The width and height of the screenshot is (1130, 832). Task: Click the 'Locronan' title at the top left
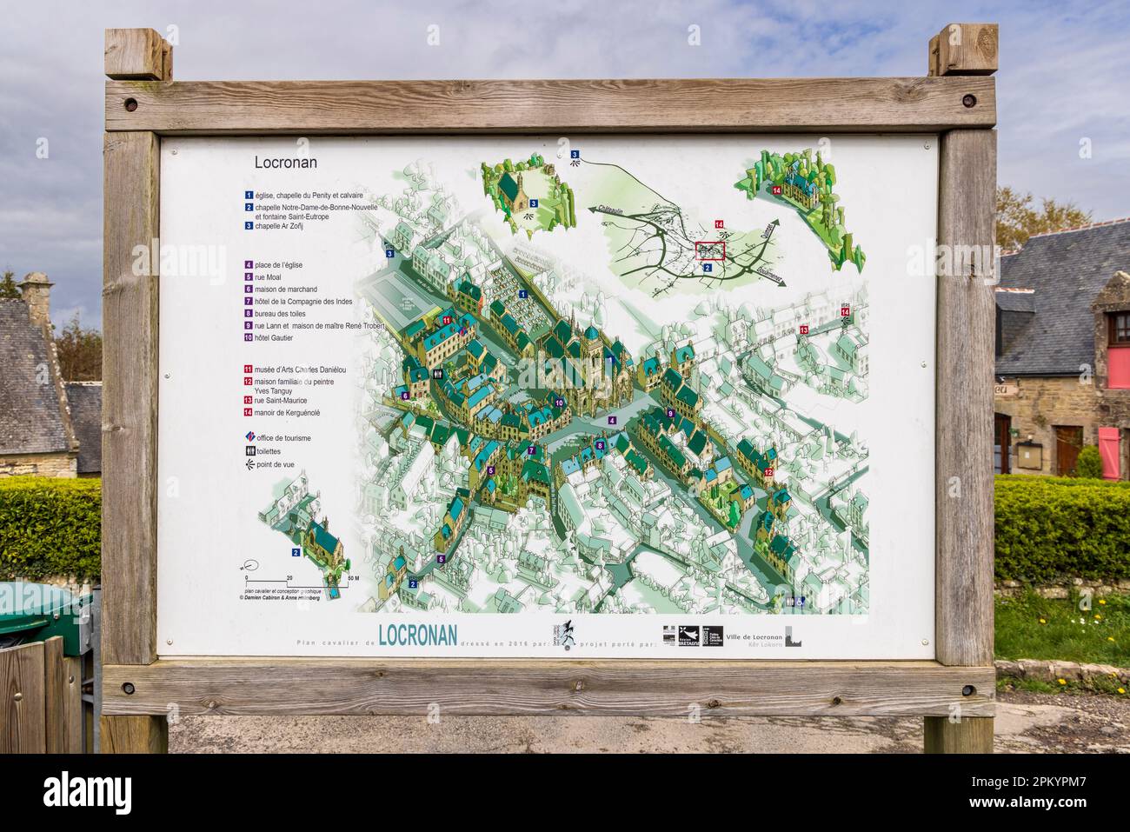285,162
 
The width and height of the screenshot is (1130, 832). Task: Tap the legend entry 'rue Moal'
269,276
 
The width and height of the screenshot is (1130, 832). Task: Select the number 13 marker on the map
804,329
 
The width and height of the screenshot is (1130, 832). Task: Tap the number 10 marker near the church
560,403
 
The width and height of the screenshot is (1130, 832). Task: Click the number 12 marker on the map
769,471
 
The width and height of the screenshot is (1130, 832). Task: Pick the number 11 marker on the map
446,321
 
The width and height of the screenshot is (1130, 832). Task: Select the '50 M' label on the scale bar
351,577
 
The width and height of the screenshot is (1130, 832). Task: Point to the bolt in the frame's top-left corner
130,104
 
